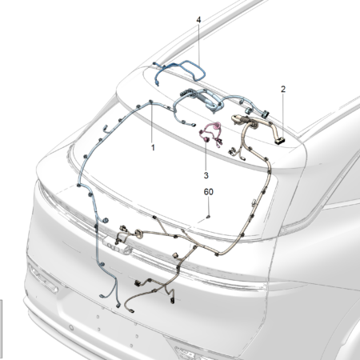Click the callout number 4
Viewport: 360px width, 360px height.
(x=198, y=20)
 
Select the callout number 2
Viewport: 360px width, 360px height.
(x=283, y=89)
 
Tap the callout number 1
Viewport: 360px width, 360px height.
(x=153, y=147)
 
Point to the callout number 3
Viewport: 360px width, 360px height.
(x=206, y=175)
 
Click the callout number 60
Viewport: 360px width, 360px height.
(x=209, y=192)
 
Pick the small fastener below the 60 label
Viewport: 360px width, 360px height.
(x=209, y=217)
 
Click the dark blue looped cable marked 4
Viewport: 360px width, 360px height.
(x=184, y=70)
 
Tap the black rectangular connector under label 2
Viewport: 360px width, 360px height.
(x=280, y=141)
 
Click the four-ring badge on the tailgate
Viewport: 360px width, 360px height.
(x=118, y=246)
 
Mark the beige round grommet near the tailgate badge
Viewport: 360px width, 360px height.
(x=139, y=233)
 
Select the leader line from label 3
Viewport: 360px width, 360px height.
(x=206, y=155)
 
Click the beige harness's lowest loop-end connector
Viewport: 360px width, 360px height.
(x=131, y=310)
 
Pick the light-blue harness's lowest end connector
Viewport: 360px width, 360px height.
(x=118, y=306)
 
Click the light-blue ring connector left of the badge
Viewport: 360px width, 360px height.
(x=106, y=220)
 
